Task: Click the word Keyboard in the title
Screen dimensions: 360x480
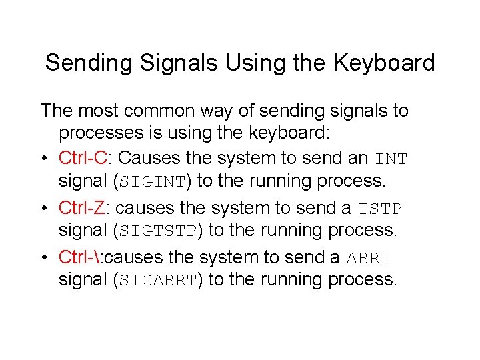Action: coord(383,63)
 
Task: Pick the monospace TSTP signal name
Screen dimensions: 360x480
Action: coord(380,209)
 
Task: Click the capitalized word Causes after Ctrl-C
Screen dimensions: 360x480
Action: coord(147,159)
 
